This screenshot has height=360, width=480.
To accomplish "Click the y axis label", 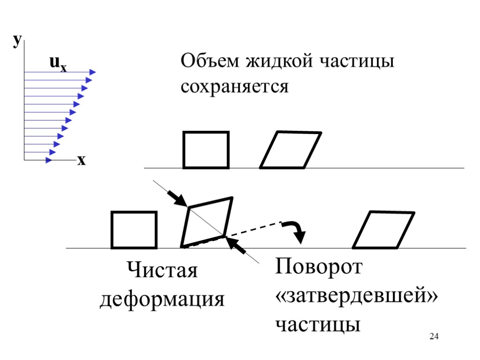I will tap(17, 42).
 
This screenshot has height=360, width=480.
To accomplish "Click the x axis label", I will tap(82, 160).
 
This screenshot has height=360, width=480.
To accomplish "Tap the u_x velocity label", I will tap(57, 64).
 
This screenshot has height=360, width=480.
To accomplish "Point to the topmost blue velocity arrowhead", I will tap(92, 72).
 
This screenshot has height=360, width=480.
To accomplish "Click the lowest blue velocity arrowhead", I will tap(49, 160).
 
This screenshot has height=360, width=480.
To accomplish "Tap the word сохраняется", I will tap(234, 86).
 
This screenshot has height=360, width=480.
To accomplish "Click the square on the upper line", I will tap(206, 150).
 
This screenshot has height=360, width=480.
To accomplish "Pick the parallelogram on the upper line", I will tap(291, 150).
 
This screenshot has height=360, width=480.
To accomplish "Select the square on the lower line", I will tap(134, 230).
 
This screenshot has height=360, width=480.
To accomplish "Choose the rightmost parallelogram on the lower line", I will tap(383, 230).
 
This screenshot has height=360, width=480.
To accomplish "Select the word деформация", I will tap(162, 299).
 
